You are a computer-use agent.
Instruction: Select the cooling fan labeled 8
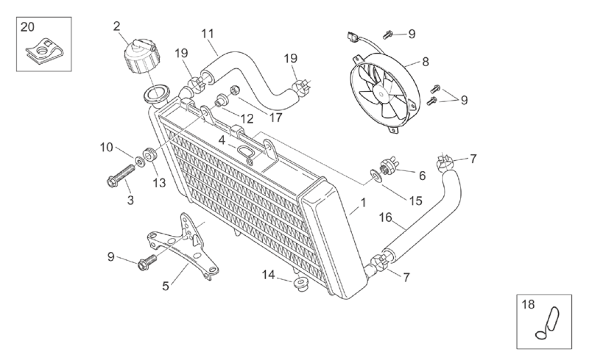pyautogui.click(x=383, y=93)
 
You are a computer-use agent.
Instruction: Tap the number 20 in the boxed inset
pyautogui.click(x=27, y=28)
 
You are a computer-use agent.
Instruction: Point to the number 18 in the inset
pyautogui.click(x=528, y=305)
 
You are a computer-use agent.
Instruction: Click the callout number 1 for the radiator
pyautogui.click(x=363, y=203)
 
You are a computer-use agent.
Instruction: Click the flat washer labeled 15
pyautogui.click(x=376, y=176)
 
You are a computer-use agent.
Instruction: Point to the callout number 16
pyautogui.click(x=385, y=218)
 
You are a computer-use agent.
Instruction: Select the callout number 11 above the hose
pyautogui.click(x=207, y=34)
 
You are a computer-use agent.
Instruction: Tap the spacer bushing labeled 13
pyautogui.click(x=151, y=155)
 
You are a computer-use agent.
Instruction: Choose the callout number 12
pyautogui.click(x=247, y=119)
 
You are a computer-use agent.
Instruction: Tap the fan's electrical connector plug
pyautogui.click(x=351, y=37)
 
